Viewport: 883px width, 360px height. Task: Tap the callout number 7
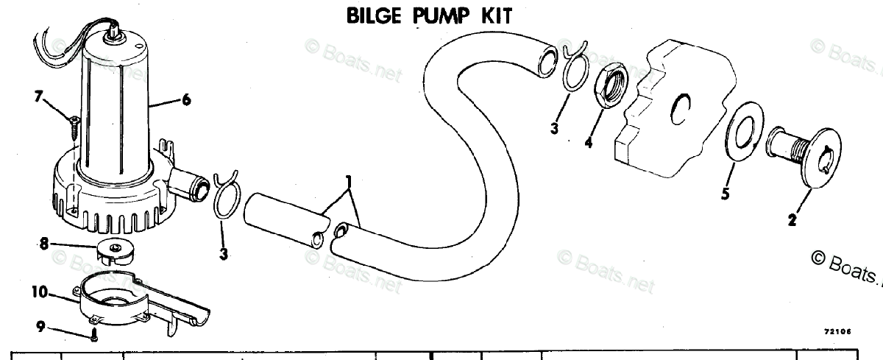pyautogui.click(x=38, y=95)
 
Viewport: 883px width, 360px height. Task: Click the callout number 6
pyautogui.click(x=185, y=100)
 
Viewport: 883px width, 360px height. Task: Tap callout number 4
pyautogui.click(x=588, y=144)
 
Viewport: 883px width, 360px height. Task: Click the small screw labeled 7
pyautogui.click(x=74, y=126)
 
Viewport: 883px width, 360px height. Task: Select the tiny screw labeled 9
pyautogui.click(x=95, y=338)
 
